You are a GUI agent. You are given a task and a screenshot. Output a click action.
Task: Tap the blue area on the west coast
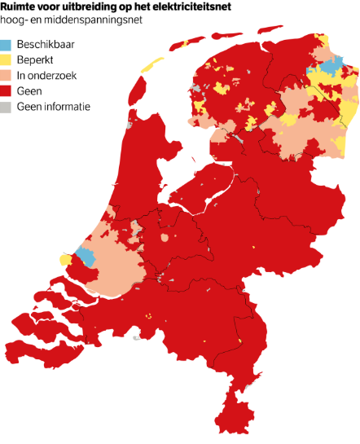point(84,255)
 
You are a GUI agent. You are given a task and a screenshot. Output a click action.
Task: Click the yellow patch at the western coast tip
point(65,259)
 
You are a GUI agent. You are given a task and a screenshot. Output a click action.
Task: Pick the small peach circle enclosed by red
point(165,238)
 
